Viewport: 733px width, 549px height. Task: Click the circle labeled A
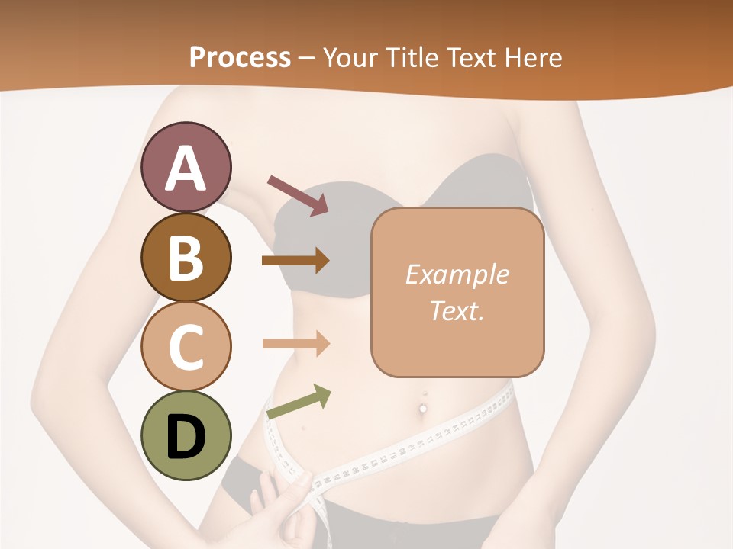click(x=186, y=167)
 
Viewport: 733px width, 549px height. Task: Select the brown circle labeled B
click(x=186, y=257)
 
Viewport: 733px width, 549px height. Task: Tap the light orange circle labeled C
click(x=186, y=346)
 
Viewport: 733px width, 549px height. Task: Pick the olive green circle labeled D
click(x=186, y=435)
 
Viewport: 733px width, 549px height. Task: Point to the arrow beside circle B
click(x=295, y=261)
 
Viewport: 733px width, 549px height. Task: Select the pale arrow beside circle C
click(x=295, y=343)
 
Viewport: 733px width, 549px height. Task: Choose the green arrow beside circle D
click(x=298, y=402)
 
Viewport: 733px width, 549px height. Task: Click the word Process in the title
click(x=240, y=57)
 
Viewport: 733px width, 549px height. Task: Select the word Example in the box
click(x=457, y=274)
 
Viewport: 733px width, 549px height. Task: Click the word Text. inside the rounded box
click(x=457, y=311)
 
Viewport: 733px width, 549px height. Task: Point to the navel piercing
click(x=423, y=408)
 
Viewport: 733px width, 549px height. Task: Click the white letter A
click(x=186, y=169)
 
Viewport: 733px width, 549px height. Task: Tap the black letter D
click(x=186, y=437)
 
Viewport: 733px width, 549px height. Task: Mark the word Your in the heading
click(x=352, y=57)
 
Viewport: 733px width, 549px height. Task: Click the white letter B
click(x=186, y=258)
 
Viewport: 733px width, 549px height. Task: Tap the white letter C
click(x=186, y=347)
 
